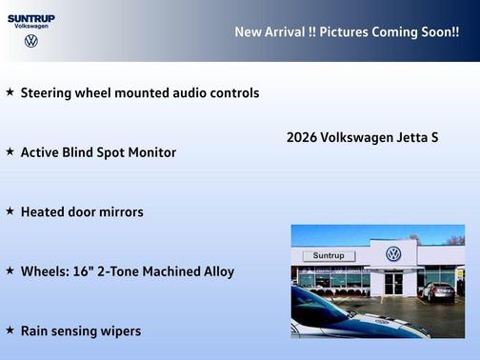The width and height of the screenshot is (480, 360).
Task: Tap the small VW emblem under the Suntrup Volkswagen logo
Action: [31, 41]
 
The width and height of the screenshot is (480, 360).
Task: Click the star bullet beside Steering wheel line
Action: [10, 92]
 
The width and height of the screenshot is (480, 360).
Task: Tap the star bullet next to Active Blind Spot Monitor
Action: [10, 151]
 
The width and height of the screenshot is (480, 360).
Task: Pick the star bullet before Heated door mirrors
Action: [10, 210]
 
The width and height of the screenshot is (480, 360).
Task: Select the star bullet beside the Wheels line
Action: [10, 270]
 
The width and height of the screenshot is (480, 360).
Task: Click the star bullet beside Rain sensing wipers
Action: [10, 330]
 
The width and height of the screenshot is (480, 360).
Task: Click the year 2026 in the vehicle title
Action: [302, 137]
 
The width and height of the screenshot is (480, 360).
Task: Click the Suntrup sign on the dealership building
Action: [328, 256]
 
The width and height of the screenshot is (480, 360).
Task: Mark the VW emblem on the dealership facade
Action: [393, 254]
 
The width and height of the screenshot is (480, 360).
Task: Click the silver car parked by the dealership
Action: [437, 292]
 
